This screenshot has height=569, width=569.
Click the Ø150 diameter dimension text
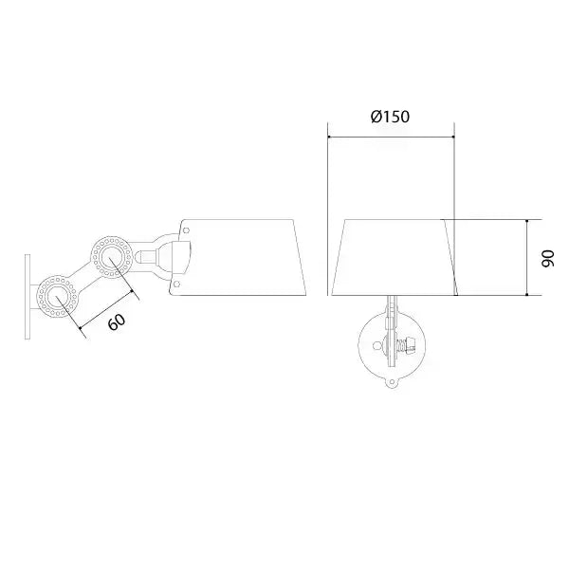pyautogui.click(x=390, y=117)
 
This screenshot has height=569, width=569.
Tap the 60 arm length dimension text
pyautogui.click(x=116, y=321)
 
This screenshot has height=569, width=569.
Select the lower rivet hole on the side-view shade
pyautogui.click(x=177, y=282)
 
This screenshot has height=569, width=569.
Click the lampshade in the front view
pyautogui.click(x=392, y=256)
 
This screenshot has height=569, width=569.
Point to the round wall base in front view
pyautogui.click(x=391, y=346)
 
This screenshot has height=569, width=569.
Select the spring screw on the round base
pyautogui.click(x=411, y=346)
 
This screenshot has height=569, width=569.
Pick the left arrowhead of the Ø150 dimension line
pyautogui.click(x=329, y=136)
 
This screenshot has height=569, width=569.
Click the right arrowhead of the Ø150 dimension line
pyautogui.click(x=453, y=136)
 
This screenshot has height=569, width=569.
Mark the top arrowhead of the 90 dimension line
pyautogui.click(x=526, y=221)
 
